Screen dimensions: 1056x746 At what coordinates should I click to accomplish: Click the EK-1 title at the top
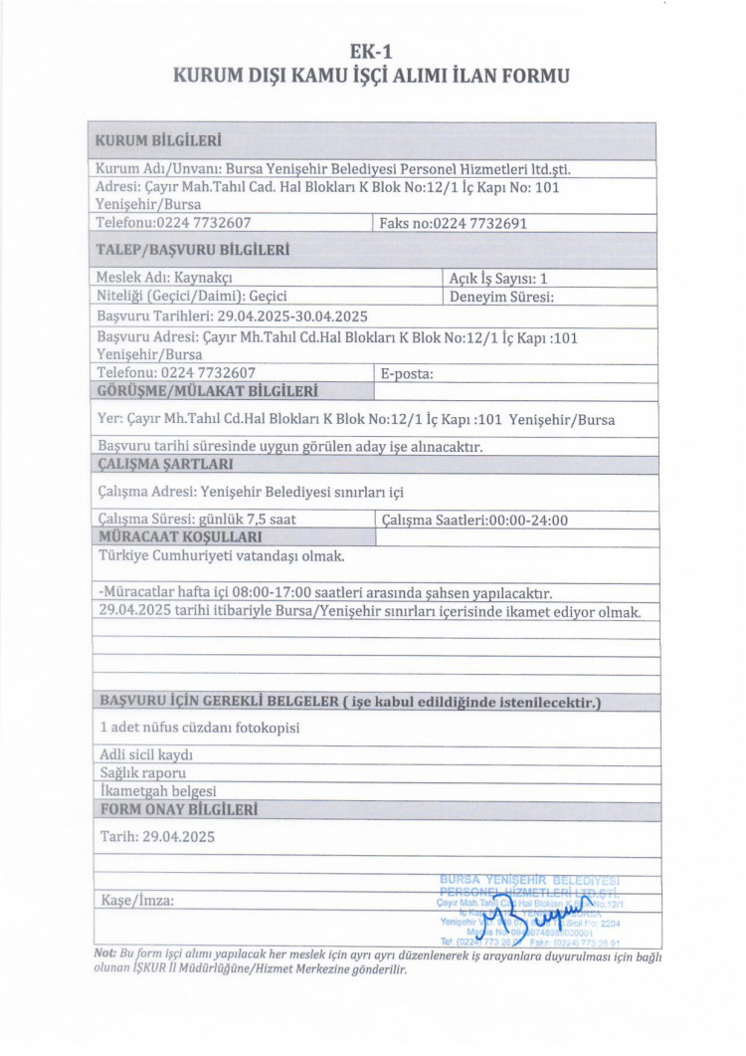coord(372,51)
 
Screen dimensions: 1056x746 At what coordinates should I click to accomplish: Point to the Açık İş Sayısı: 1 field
coord(500,277)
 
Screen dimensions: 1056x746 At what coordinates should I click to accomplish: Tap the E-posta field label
coord(408,372)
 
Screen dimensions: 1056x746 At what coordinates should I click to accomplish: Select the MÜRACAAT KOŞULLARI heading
coord(173,536)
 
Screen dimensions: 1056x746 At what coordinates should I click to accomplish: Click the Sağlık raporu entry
coord(144,772)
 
